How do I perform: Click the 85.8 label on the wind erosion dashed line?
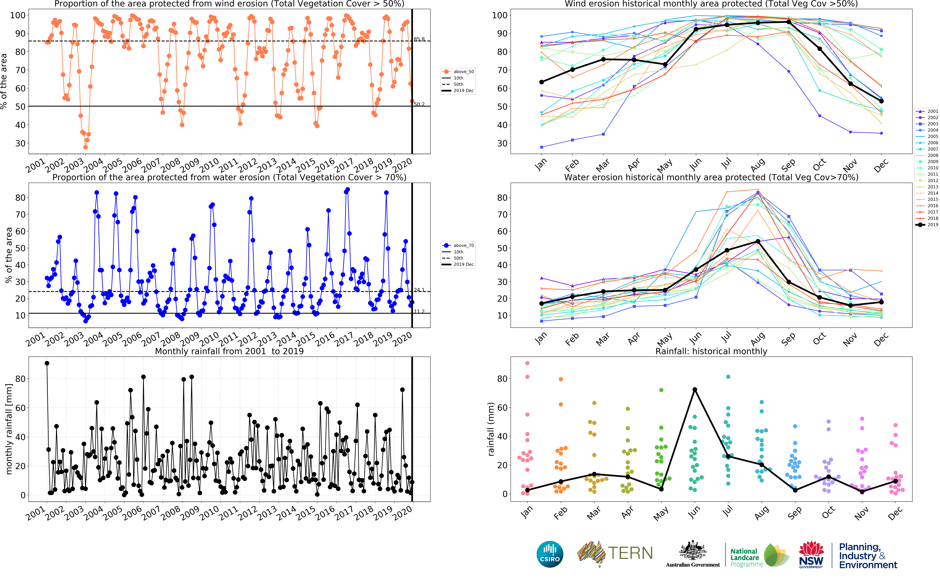pos(419,39)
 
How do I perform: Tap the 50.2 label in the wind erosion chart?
pos(419,104)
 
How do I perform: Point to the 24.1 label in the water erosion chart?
pos(419,290)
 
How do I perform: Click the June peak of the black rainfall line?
pos(694,389)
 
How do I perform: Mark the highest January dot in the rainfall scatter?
pos(527,363)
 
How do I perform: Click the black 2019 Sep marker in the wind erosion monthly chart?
pos(789,22)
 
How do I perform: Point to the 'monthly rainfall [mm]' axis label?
pos(9,429)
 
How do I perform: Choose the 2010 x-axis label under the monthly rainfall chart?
pos(210,513)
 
